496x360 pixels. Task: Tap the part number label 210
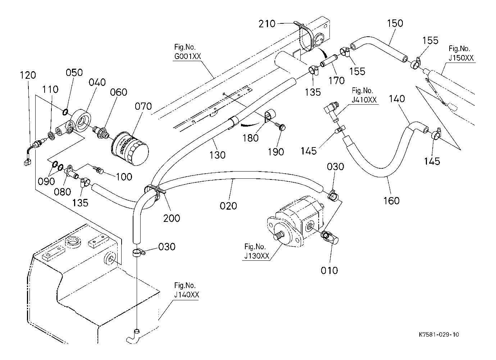(267, 24)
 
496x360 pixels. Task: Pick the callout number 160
(391, 201)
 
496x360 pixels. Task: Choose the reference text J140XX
(186, 295)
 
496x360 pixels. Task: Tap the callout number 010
(329, 270)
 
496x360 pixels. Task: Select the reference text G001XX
(187, 56)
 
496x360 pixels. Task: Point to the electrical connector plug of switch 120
(27, 163)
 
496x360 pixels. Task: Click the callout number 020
(228, 206)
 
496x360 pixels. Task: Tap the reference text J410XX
(364, 100)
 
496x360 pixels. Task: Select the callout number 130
(217, 155)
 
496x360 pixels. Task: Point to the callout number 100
(124, 177)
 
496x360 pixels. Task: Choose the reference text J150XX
(461, 58)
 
